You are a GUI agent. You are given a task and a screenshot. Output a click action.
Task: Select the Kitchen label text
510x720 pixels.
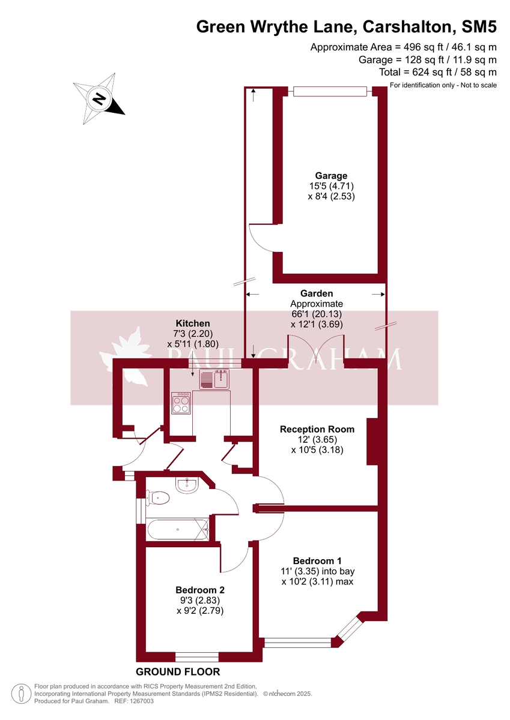coord(192,323)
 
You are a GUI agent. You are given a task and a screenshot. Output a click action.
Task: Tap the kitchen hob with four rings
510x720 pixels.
coord(181,403)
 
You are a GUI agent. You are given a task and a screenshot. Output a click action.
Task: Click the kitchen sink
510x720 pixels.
coord(214,380)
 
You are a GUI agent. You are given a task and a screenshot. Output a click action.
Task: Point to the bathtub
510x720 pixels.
coord(178,530)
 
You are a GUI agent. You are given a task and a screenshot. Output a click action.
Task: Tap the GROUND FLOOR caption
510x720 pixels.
coord(178,671)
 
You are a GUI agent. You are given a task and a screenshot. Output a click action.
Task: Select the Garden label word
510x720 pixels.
coord(317,293)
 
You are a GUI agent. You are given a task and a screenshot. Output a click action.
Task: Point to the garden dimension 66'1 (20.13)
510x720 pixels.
coord(317,314)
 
